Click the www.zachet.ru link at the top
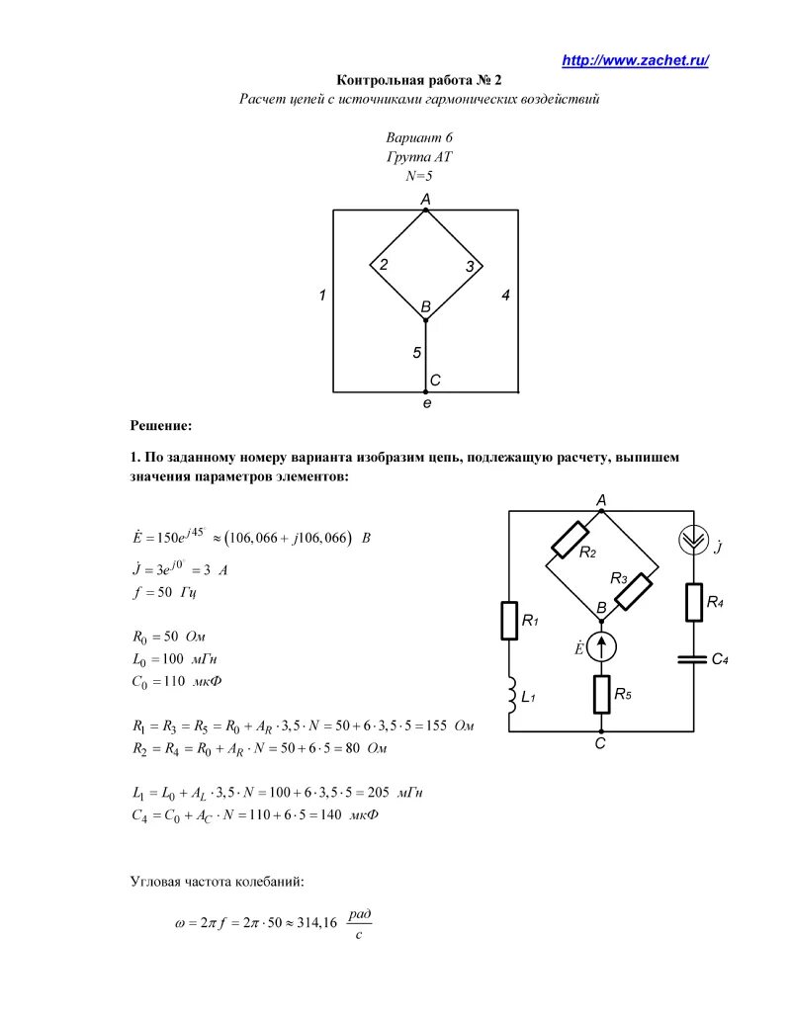635,61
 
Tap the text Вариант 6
419,138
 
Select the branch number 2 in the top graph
383,263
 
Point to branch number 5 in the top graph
417,352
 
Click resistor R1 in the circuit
508,621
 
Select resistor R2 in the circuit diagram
571,539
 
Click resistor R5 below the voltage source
601,694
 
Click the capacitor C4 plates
692,658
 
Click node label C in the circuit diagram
600,744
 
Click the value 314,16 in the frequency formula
315,921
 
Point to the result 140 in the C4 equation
326,815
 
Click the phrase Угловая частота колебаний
223,880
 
